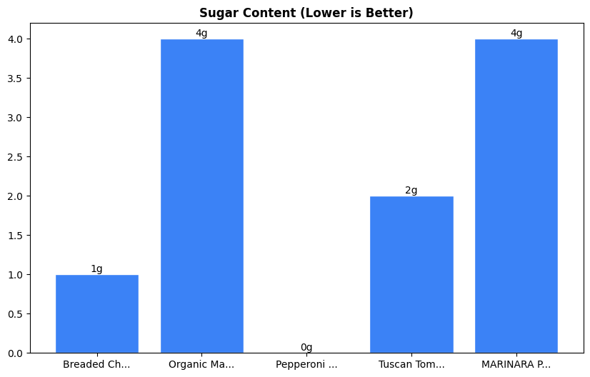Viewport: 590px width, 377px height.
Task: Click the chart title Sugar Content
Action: point(306,13)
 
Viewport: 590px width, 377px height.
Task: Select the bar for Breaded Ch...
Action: point(97,313)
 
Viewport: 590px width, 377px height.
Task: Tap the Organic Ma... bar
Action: point(201,196)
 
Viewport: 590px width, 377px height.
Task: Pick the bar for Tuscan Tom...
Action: point(411,274)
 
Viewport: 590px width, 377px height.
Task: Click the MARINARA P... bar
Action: point(516,196)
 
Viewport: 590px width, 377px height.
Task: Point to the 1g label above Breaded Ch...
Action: point(97,269)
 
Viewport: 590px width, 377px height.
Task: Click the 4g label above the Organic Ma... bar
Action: point(201,34)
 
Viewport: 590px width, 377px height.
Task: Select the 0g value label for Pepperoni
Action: point(306,348)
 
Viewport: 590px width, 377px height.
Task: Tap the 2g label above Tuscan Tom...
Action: point(411,191)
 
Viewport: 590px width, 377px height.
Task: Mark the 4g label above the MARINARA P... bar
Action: point(516,34)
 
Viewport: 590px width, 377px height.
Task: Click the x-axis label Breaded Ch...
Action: point(96,365)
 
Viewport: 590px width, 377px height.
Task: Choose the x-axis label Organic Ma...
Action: point(201,365)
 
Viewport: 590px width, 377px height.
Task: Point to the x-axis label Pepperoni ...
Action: point(306,365)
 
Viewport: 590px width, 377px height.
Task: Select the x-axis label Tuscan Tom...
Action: point(411,365)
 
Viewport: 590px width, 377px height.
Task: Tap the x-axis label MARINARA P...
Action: point(516,365)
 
